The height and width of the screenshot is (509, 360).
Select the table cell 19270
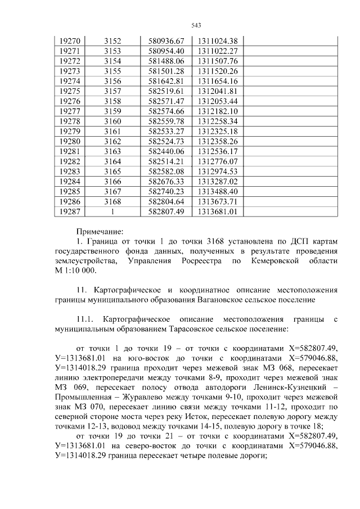tap(70, 41)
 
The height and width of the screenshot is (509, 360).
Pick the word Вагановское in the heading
tap(220, 300)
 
